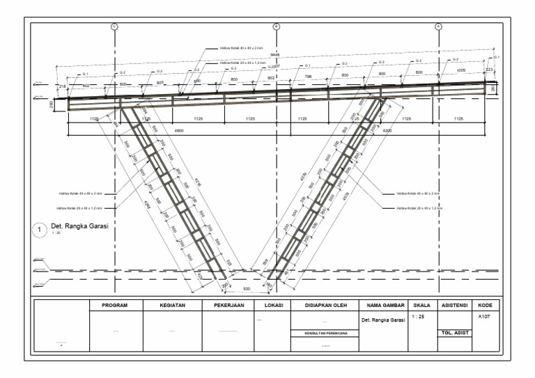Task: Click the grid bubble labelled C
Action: pyautogui.click(x=115, y=26)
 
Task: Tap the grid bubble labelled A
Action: pyautogui.click(x=439, y=26)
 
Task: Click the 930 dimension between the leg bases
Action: pyautogui.click(x=245, y=287)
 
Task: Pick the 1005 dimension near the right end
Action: pyautogui.click(x=460, y=71)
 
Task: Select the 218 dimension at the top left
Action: pyautogui.click(x=62, y=85)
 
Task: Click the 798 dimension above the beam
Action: pyautogui.click(x=308, y=74)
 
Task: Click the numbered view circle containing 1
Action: pyautogui.click(x=40, y=229)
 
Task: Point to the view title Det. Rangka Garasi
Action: pyautogui.click(x=81, y=226)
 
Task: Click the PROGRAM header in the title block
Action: pyautogui.click(x=115, y=305)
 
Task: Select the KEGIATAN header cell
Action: pyautogui.click(x=172, y=305)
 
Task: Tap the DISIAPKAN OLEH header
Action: pyautogui.click(x=324, y=305)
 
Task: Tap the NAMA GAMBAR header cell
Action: pyautogui.click(x=382, y=305)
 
